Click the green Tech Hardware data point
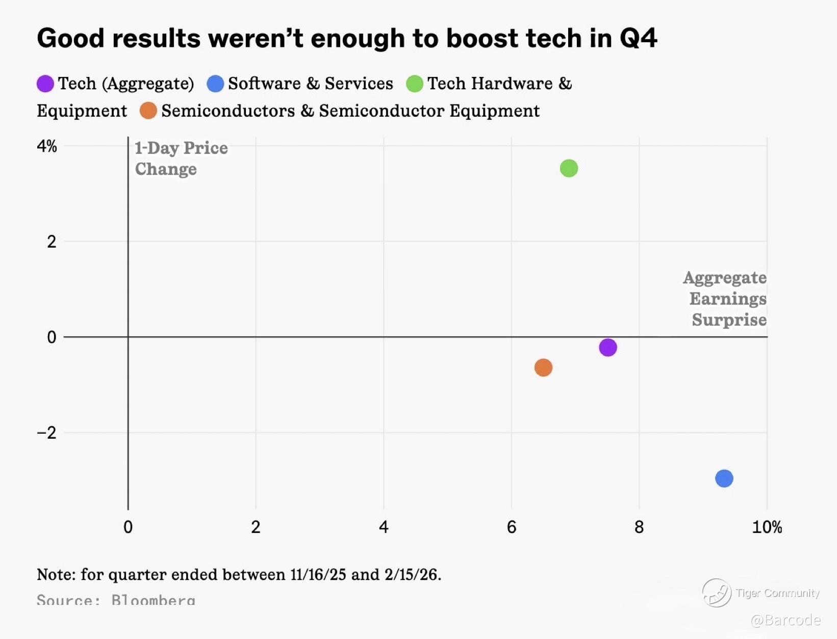(x=569, y=168)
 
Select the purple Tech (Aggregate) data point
(x=607, y=348)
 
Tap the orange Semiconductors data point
(x=543, y=367)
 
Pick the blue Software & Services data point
(x=724, y=478)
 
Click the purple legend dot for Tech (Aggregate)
(x=45, y=84)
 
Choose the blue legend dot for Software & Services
(x=215, y=84)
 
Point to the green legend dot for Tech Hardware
(x=414, y=84)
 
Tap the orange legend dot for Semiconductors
(x=148, y=111)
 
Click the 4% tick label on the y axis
(x=47, y=147)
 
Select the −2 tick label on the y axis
(x=47, y=433)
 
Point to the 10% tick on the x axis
(x=767, y=527)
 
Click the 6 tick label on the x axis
(x=512, y=527)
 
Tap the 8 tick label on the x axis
(x=639, y=527)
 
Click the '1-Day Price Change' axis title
(x=181, y=158)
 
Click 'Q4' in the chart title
(x=638, y=39)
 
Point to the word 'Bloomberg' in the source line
(x=153, y=600)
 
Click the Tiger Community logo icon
(x=717, y=593)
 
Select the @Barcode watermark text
(x=785, y=620)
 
